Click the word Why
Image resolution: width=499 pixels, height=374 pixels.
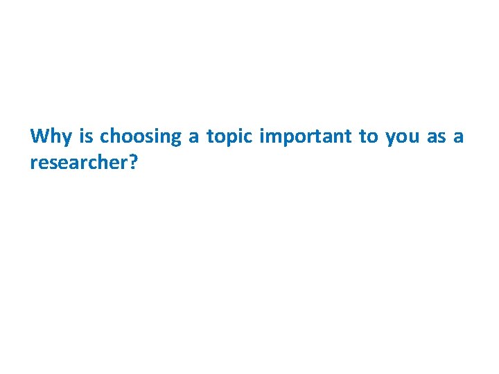(x=51, y=136)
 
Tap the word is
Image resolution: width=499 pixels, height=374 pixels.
(x=86, y=136)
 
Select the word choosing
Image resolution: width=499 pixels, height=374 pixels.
(x=140, y=136)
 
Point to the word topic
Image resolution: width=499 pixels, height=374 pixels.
(x=229, y=136)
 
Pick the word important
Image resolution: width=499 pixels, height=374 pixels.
(x=305, y=136)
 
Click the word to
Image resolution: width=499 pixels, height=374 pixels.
(x=367, y=136)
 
